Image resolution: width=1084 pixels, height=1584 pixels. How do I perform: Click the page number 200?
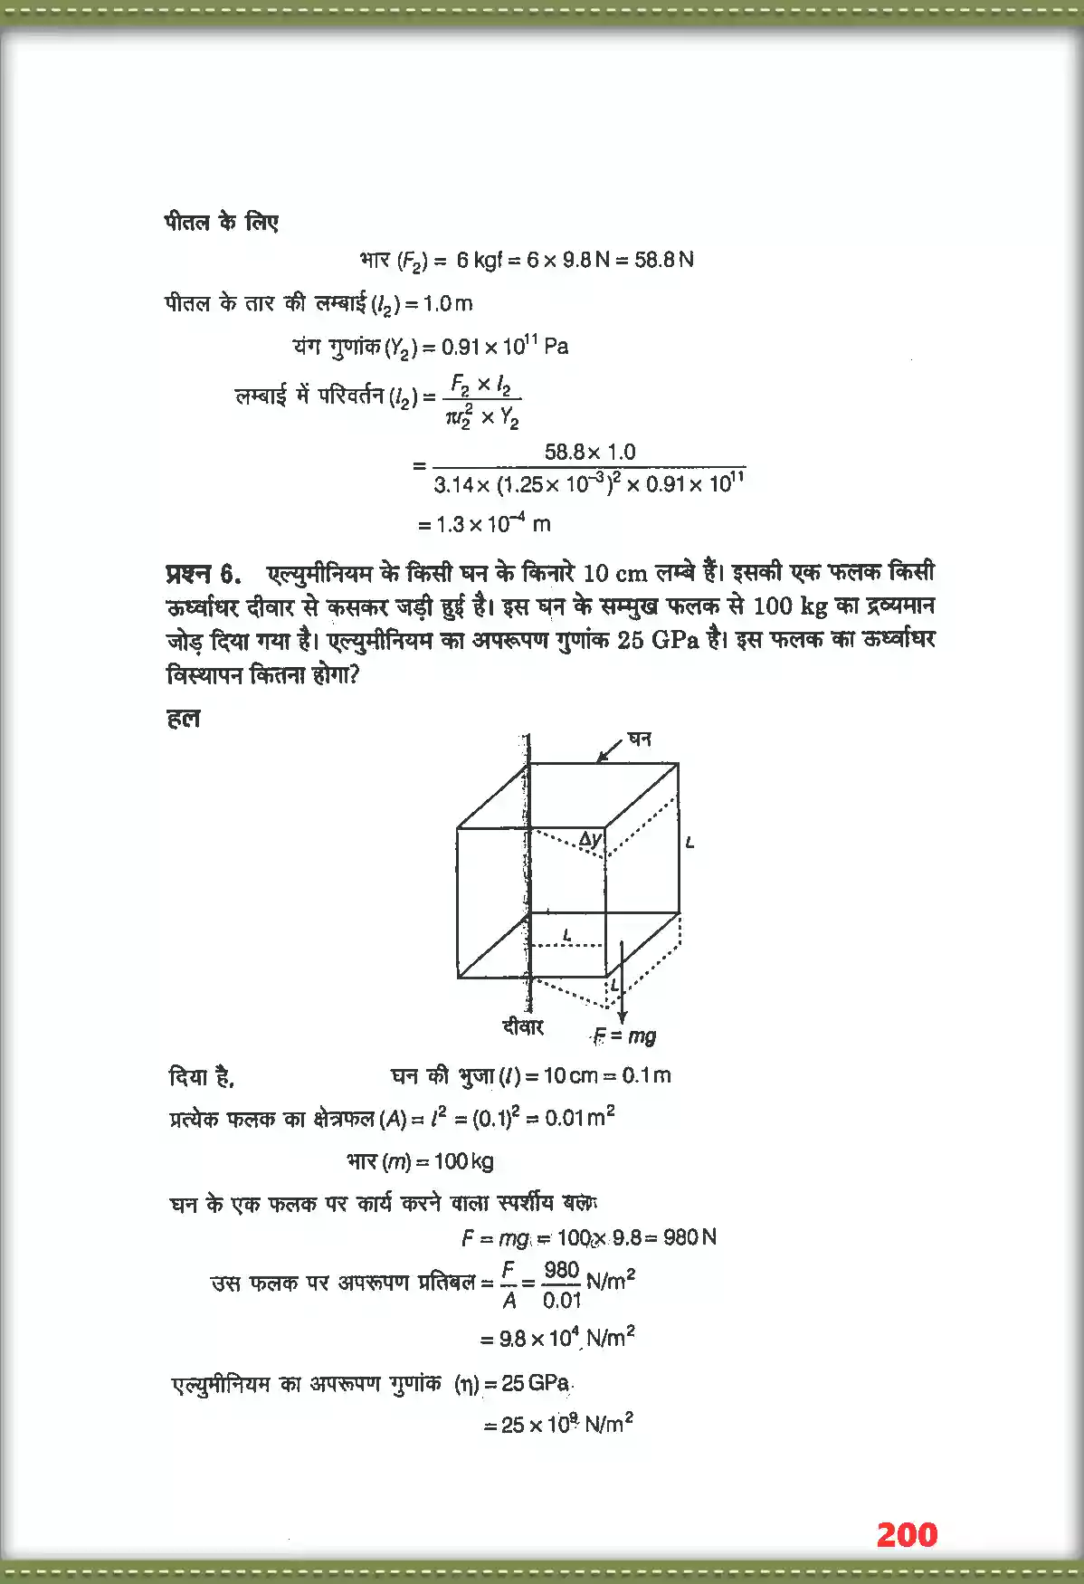pyautogui.click(x=907, y=1534)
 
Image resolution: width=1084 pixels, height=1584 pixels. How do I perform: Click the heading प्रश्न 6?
pyautogui.click(x=204, y=574)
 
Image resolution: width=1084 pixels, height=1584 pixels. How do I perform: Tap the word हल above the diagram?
pyautogui.click(x=184, y=719)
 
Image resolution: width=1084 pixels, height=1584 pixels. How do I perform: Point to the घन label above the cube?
pyautogui.click(x=640, y=739)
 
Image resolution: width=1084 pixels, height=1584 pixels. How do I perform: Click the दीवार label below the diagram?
pyautogui.click(x=523, y=1026)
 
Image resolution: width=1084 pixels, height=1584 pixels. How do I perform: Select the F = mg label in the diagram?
pyautogui.click(x=624, y=1035)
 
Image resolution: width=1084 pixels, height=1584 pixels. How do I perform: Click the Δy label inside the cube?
pyautogui.click(x=590, y=839)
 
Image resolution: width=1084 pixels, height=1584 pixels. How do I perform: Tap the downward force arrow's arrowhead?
pyautogui.click(x=622, y=1017)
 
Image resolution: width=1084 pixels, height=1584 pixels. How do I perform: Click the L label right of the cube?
pyautogui.click(x=690, y=843)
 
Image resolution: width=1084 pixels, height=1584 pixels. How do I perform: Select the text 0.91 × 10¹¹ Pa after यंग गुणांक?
pyautogui.click(x=505, y=347)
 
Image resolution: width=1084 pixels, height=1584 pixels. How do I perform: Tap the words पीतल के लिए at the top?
pyautogui.click(x=222, y=222)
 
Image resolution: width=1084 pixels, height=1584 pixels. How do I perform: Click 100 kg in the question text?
pyautogui.click(x=784, y=606)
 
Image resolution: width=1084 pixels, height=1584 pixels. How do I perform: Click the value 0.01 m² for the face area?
pyautogui.click(x=579, y=1118)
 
